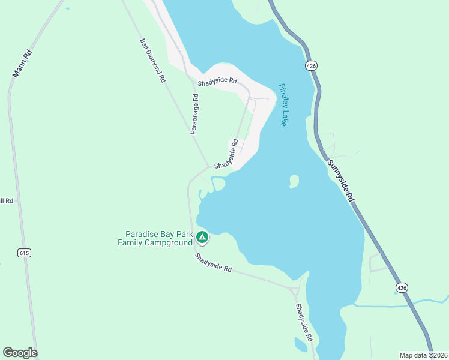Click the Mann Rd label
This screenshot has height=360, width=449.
pyautogui.click(x=22, y=64)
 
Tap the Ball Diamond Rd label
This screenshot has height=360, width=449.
pyautogui.click(x=153, y=61)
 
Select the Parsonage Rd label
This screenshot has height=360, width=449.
pyautogui.click(x=194, y=114)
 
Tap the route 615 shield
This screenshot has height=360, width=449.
pyautogui.click(x=24, y=253)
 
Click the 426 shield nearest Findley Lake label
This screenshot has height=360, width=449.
pyautogui.click(x=310, y=65)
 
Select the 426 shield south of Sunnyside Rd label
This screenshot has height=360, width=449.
pyautogui.click(x=402, y=289)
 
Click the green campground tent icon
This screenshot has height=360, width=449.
pyautogui.click(x=202, y=238)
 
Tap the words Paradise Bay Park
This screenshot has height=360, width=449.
pyautogui.click(x=158, y=234)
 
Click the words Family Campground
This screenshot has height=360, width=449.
pyautogui.click(x=155, y=242)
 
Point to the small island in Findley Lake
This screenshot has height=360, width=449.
pyautogui.click(x=294, y=181)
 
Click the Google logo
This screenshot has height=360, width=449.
pyautogui.click(x=20, y=353)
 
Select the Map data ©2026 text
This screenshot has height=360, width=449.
pyautogui.click(x=423, y=355)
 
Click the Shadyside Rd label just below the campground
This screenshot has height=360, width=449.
pyautogui.click(x=213, y=263)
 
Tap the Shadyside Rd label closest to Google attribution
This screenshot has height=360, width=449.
pyautogui.click(x=304, y=322)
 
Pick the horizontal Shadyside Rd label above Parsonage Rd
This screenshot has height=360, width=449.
pyautogui.click(x=217, y=82)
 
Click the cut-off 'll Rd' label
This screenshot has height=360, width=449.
pyautogui.click(x=7, y=200)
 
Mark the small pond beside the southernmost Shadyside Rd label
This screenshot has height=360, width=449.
pyautogui.click(x=301, y=345)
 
